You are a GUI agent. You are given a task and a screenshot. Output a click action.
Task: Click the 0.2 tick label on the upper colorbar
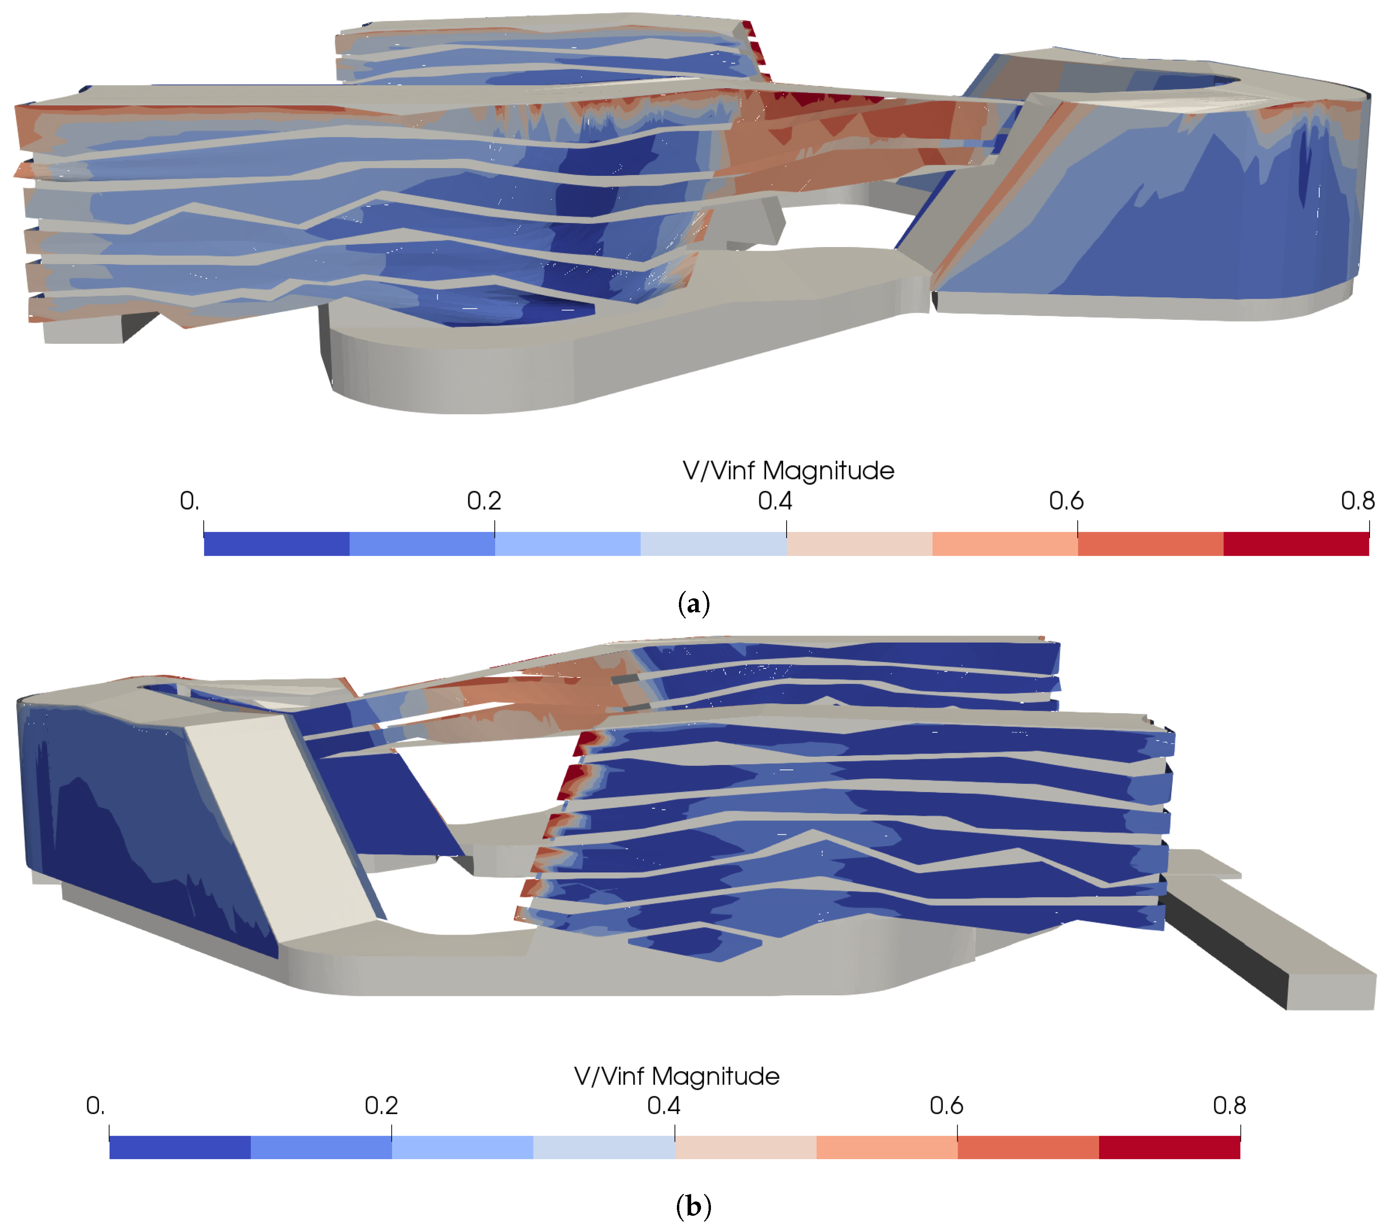click(x=484, y=501)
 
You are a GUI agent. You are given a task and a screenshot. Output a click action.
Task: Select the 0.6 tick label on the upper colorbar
click(x=1066, y=501)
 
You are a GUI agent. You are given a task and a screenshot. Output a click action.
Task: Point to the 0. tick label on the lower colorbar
click(x=95, y=1105)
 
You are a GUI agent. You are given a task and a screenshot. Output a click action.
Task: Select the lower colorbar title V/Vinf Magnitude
click(x=677, y=1076)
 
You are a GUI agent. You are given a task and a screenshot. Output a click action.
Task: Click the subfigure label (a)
click(x=694, y=604)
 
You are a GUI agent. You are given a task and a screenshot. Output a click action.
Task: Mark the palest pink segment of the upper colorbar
click(x=859, y=544)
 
